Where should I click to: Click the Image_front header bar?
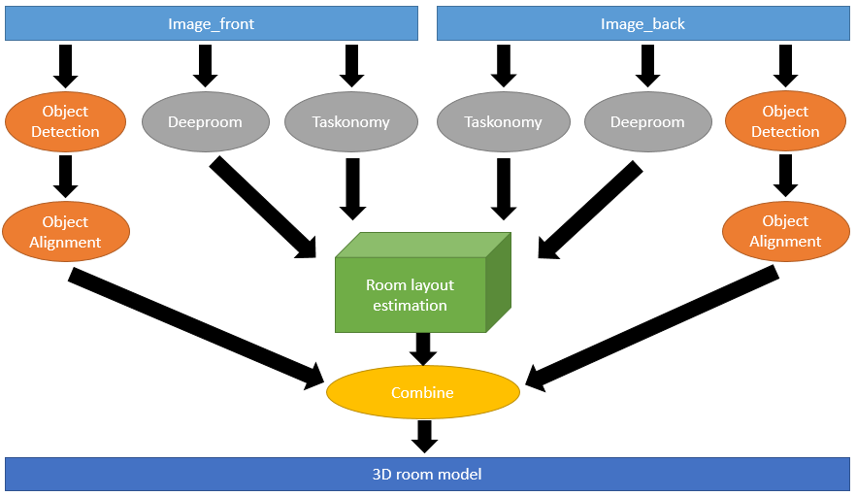(x=212, y=24)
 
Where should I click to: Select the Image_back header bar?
(x=643, y=24)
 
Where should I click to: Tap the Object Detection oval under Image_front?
(x=65, y=121)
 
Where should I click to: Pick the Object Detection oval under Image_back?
(x=785, y=121)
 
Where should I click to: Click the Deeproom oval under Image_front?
(x=205, y=122)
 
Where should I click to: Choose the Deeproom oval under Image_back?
(x=647, y=122)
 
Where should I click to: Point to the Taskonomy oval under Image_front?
(x=350, y=122)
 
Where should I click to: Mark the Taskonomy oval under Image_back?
(x=503, y=122)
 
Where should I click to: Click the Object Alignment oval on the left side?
(x=65, y=232)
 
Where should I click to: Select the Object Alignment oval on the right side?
(x=785, y=232)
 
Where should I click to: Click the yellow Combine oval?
(x=422, y=393)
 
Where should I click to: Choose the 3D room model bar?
(x=427, y=474)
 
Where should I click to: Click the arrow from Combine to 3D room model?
(x=423, y=435)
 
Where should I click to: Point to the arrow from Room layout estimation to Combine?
(x=422, y=347)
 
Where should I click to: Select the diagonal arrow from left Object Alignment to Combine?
(x=194, y=326)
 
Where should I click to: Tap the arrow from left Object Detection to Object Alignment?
(x=65, y=175)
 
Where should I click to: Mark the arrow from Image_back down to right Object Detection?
(x=785, y=65)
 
